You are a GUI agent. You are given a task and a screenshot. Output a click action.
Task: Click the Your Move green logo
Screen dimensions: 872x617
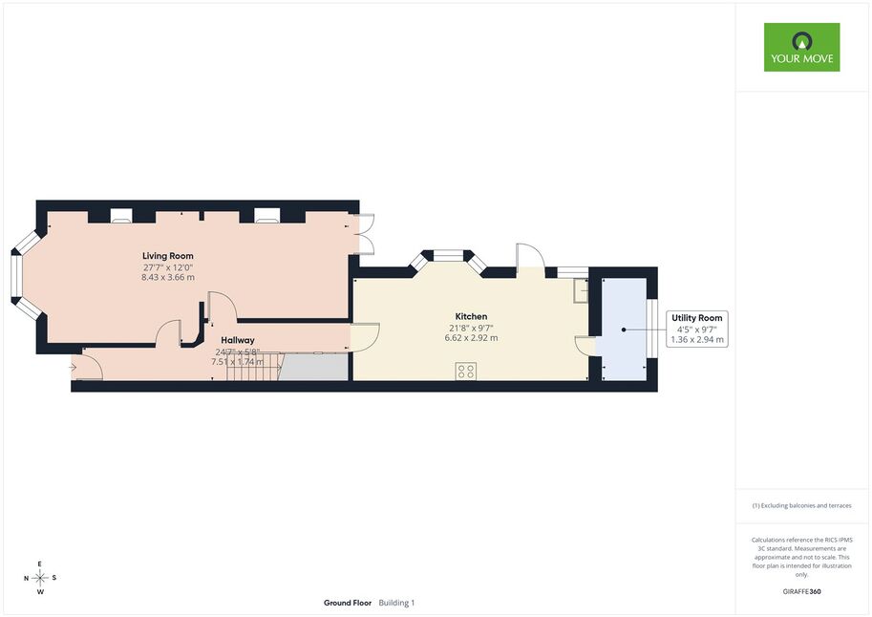801,47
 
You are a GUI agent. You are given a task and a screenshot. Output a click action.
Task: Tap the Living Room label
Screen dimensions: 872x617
168,256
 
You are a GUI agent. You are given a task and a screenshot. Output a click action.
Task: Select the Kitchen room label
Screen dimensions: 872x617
471,316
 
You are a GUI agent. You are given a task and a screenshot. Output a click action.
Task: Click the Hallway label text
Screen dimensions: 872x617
238,340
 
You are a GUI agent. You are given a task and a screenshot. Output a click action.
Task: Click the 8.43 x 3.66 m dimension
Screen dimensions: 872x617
168,277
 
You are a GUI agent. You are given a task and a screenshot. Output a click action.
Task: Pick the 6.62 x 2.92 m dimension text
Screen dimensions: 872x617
471,338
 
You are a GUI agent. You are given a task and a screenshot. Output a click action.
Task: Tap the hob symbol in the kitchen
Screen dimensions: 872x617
465,372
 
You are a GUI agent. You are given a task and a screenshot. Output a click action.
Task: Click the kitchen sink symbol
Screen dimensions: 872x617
581,290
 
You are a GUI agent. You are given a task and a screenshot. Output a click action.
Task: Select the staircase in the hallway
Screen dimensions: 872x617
255,367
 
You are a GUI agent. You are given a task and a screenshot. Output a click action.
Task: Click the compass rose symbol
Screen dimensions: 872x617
40,578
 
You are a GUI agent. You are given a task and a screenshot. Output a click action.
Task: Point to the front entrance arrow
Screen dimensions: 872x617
74,367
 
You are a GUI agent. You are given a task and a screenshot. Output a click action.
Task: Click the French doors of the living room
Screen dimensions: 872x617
363,234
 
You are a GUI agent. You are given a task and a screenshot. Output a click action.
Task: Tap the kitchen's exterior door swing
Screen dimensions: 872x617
530,258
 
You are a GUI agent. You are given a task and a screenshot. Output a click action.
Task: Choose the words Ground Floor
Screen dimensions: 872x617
348,603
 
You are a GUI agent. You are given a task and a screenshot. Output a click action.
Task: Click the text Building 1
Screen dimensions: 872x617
396,603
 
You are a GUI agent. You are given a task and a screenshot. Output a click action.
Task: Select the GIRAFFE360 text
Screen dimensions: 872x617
801,591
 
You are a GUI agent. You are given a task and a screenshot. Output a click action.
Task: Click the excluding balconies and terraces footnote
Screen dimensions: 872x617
801,505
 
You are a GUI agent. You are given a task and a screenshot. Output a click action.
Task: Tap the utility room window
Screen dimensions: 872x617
652,330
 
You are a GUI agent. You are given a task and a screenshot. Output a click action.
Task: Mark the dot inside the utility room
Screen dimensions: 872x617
624,330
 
